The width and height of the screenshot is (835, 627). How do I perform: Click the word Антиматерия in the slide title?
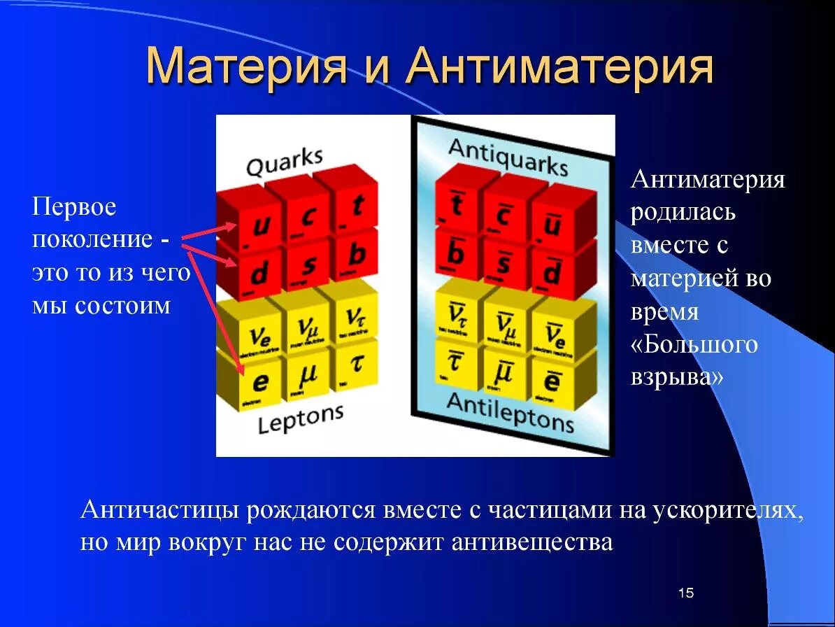(559, 67)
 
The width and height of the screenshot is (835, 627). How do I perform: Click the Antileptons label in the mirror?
(510, 412)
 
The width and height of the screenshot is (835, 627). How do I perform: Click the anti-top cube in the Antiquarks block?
(457, 206)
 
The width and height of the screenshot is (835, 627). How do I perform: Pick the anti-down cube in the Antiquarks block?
(552, 274)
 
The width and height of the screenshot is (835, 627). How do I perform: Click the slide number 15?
(685, 593)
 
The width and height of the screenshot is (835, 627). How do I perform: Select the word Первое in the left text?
(74, 207)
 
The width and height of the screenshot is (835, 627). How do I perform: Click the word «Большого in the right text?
(694, 344)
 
